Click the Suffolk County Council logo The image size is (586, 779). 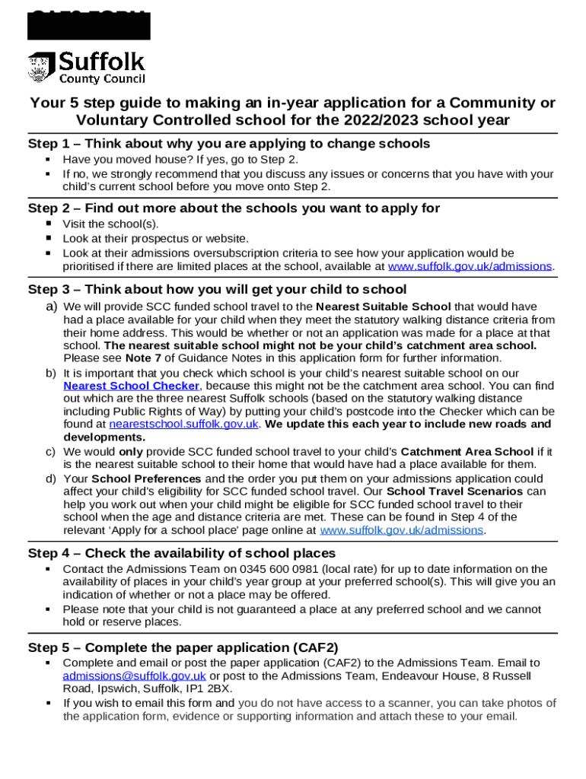coord(86,68)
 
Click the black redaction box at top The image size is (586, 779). coord(89,25)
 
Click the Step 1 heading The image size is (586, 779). coord(229,144)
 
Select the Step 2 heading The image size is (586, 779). coord(234,208)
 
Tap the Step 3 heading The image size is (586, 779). coord(217,289)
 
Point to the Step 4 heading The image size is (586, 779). coord(182,553)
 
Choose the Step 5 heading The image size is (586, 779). coord(183,647)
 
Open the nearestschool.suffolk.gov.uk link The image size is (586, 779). coord(184,424)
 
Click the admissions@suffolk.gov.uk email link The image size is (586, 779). coord(134,676)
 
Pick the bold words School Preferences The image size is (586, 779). coord(146,479)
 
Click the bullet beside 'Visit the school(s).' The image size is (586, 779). coord(48,224)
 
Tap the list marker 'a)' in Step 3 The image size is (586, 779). coord(51,306)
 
